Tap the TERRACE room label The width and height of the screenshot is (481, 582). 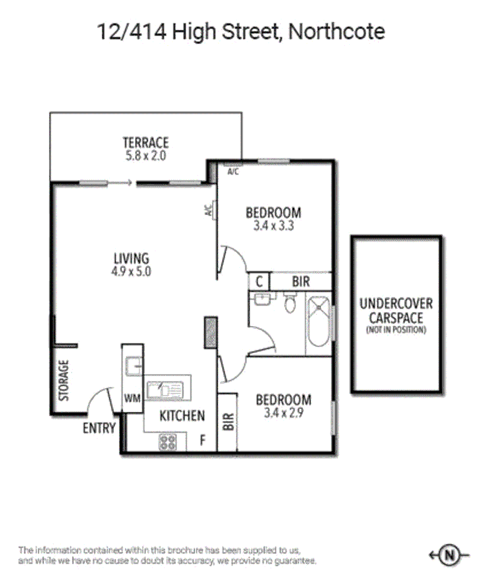tap(145, 143)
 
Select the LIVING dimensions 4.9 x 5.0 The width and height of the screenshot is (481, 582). tap(131, 272)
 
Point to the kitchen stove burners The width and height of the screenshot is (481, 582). tap(168, 442)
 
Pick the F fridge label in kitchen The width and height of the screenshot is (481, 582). tap(203, 440)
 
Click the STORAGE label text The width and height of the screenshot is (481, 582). tap(64, 380)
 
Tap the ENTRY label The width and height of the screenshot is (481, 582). tap(99, 428)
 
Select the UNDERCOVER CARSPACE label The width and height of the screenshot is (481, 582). tap(396, 311)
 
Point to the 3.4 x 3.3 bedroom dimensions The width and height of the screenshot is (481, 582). tap(273, 226)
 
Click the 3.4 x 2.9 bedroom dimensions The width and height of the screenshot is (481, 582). tap(283, 414)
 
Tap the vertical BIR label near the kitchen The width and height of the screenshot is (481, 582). tap(228, 421)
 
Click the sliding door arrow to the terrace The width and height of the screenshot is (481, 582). tap(123, 183)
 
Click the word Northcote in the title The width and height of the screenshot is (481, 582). tap(336, 32)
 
